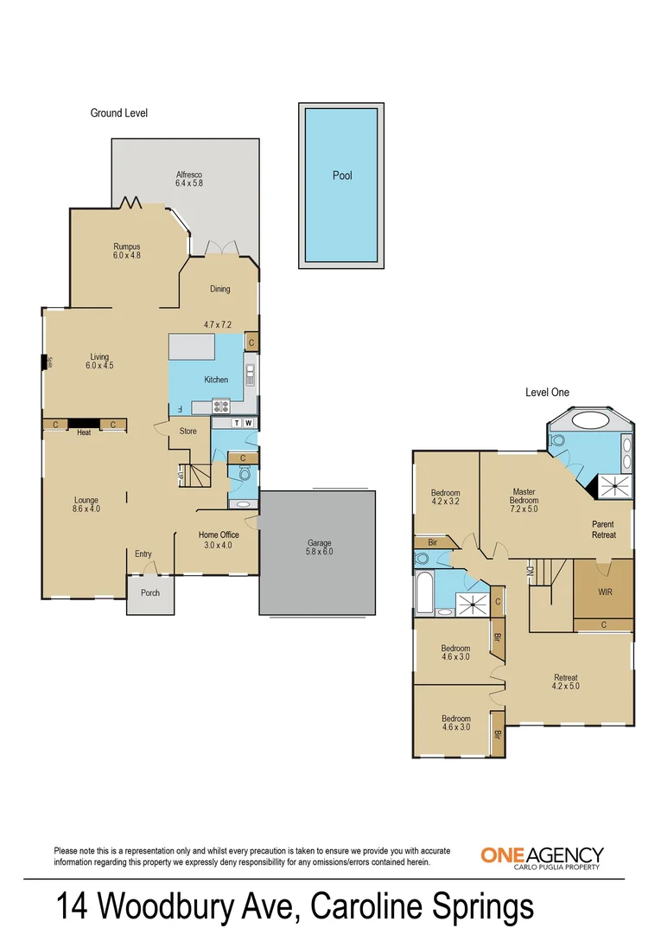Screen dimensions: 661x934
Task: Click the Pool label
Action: coord(342,176)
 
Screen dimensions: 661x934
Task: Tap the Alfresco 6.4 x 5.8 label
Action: coord(189,179)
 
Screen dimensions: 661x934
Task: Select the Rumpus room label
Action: coord(127,251)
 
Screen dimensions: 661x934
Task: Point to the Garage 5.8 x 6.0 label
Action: coord(320,547)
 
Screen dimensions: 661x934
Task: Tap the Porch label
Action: coord(150,592)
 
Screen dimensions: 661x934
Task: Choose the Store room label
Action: coord(188,431)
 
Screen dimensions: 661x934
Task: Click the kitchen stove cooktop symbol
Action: coord(221,406)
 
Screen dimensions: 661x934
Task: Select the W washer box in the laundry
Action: coord(249,423)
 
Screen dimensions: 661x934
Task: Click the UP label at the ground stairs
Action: coord(180,477)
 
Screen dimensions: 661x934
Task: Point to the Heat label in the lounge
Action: coord(84,432)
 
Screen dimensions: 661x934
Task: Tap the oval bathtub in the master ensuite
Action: coord(590,420)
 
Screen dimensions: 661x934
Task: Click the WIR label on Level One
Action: coord(605,592)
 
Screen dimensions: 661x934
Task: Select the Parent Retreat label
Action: coord(603,529)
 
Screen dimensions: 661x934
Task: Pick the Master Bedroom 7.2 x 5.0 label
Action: coord(524,501)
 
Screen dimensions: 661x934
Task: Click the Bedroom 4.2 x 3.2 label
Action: coord(446,496)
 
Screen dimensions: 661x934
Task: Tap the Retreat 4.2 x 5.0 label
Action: coord(566,681)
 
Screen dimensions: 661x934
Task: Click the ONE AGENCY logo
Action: coord(543,857)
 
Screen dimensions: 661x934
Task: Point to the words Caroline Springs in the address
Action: coord(422,906)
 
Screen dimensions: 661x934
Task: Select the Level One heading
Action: coord(547,392)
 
